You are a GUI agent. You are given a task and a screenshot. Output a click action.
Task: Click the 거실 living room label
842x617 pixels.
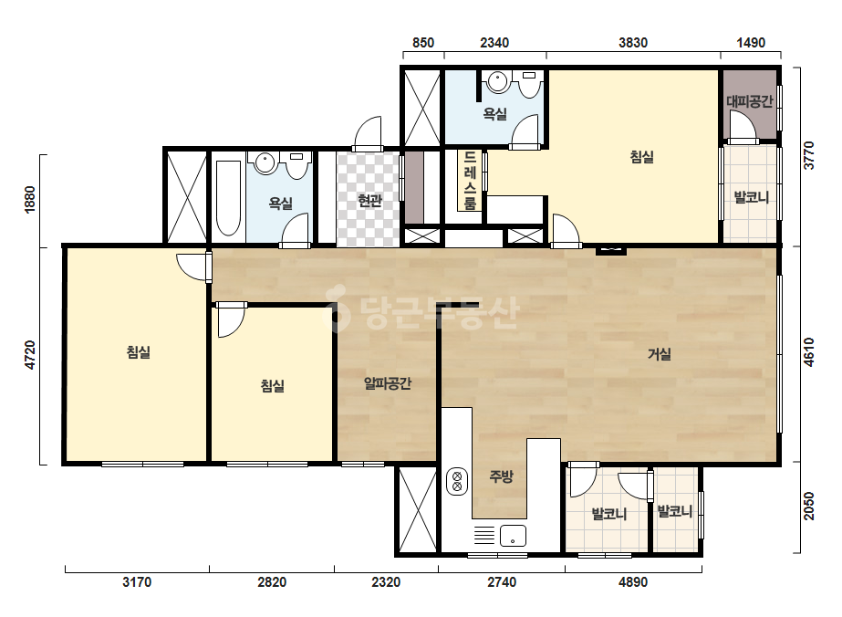tap(659, 354)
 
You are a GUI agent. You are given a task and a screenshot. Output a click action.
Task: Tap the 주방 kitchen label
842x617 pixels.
tap(501, 476)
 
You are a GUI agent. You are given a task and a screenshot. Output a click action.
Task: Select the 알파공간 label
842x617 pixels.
tap(387, 383)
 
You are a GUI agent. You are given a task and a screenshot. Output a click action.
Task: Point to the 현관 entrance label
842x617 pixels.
tap(369, 201)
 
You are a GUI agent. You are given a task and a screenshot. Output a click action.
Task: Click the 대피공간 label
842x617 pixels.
tap(749, 101)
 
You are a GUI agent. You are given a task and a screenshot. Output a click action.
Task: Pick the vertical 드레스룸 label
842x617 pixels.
tap(470, 180)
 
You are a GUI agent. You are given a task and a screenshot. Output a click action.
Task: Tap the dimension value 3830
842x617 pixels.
tap(633, 43)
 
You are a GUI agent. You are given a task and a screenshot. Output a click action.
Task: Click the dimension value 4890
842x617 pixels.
tap(633, 582)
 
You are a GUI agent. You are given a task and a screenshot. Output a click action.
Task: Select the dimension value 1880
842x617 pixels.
tap(30, 199)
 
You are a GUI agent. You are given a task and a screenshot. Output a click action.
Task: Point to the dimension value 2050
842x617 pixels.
tap(809, 507)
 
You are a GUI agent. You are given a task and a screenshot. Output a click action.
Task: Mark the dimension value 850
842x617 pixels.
tap(423, 43)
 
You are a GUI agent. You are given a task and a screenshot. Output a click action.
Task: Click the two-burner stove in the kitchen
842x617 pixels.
tap(457, 481)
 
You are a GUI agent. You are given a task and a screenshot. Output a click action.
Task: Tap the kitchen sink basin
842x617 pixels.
tap(513, 535)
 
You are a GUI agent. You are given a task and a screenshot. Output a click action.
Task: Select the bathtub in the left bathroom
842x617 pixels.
tap(228, 198)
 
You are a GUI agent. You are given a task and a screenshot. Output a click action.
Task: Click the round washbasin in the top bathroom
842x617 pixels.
tap(498, 82)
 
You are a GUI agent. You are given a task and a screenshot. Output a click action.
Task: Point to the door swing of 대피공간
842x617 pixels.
tap(743, 128)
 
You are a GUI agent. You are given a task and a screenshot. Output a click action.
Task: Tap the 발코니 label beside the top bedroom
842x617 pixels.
tap(752, 197)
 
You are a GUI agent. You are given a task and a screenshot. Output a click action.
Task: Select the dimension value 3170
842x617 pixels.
tap(137, 582)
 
